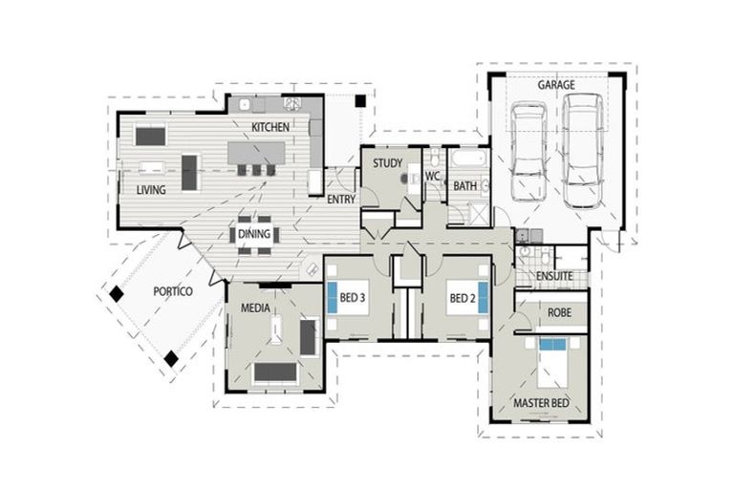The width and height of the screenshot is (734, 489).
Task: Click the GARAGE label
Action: tap(555, 85)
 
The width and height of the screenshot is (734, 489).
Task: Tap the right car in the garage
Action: tap(581, 150)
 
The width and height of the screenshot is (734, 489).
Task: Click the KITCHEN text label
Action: tap(270, 127)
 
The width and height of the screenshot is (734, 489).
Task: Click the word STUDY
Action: tap(387, 162)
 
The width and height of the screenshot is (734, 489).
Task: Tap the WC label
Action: tap(432, 177)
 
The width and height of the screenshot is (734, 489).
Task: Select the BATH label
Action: tap(464, 185)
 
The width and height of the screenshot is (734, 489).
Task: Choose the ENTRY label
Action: tap(341, 200)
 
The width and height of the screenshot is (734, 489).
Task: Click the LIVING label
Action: tap(150, 190)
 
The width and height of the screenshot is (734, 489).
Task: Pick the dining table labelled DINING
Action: tap(254, 234)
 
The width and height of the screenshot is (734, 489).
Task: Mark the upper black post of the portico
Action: tap(116, 295)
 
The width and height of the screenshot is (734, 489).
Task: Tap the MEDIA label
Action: tap(253, 309)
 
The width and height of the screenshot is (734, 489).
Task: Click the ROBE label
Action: tap(559, 312)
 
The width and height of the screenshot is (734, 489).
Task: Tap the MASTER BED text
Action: tap(541, 403)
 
